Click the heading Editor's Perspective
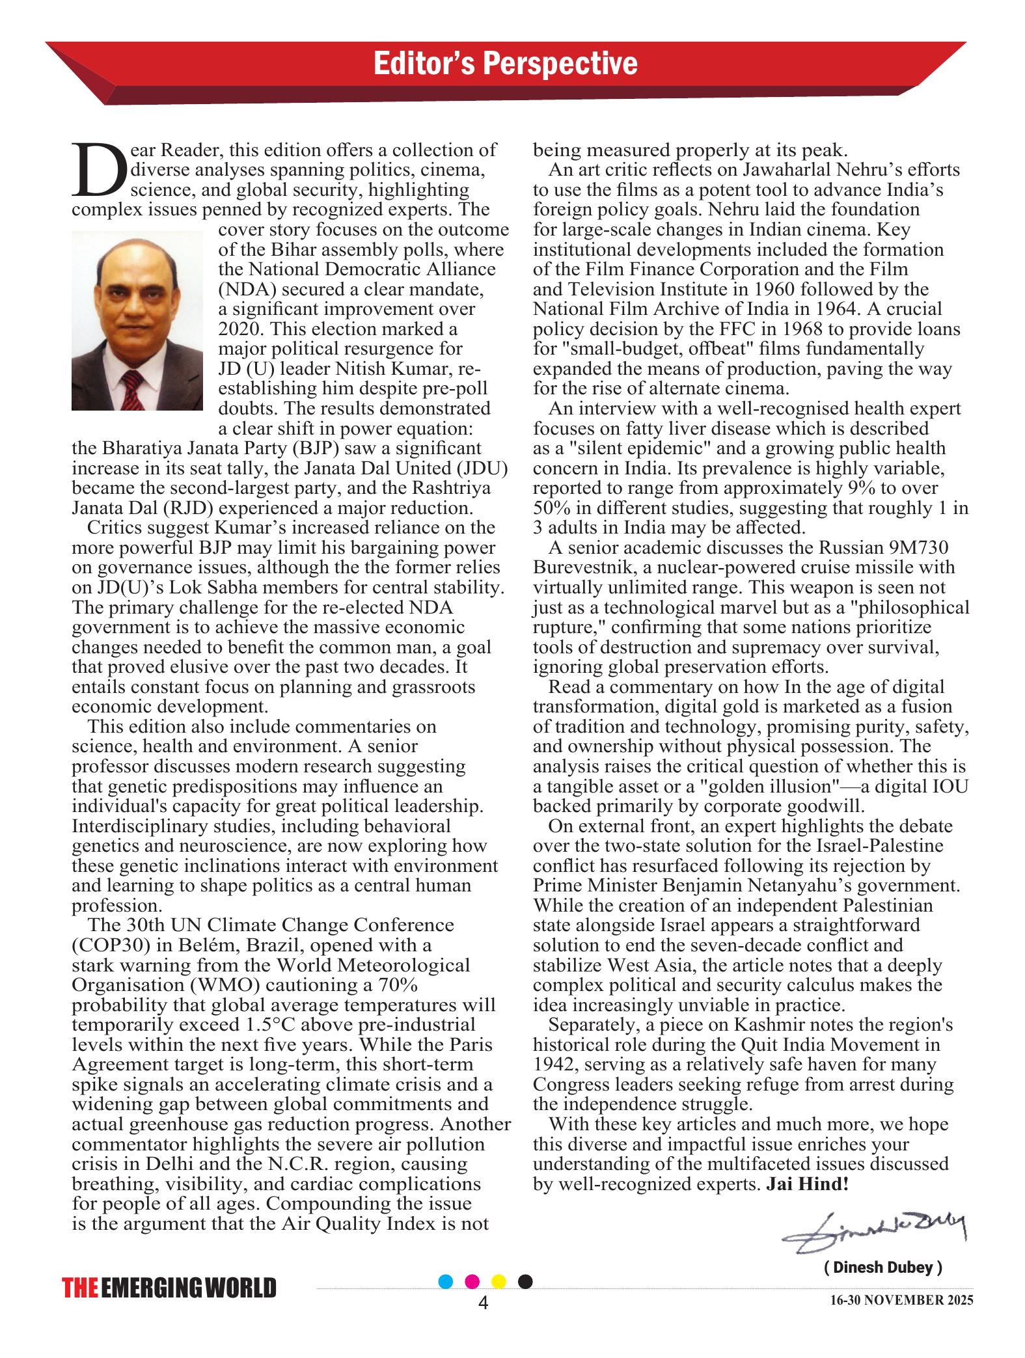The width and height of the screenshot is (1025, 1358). tap(506, 64)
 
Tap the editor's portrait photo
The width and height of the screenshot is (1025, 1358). tap(137, 321)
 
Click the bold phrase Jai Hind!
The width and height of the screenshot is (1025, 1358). tap(808, 1184)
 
